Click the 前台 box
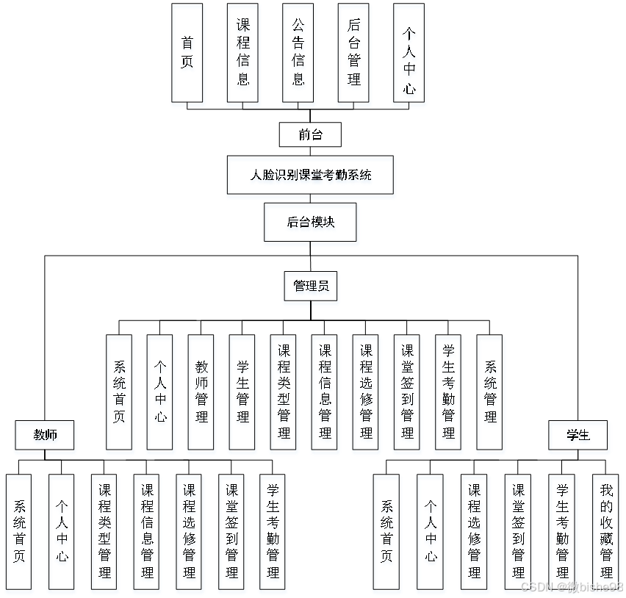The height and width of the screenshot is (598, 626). point(310,134)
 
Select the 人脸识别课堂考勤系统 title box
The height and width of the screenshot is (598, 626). point(310,175)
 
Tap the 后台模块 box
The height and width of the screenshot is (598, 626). point(310,221)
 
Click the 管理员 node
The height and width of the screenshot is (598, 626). point(310,286)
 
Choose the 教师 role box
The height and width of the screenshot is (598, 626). point(45,435)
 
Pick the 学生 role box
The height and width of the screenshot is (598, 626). point(578,435)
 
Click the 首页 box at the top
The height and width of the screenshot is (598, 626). point(187,52)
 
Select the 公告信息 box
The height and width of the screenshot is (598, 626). point(298,52)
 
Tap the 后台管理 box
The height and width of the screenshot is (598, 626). point(354,52)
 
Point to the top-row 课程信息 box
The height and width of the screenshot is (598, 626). point(242,52)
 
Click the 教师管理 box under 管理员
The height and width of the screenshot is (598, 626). point(201,392)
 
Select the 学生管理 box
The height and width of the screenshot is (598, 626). point(242,392)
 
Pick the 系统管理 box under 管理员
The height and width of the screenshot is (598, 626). point(489,392)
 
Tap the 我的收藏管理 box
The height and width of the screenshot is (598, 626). point(606,530)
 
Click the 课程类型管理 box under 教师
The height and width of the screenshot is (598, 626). point(104,530)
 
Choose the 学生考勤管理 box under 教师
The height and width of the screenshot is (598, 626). point(273,530)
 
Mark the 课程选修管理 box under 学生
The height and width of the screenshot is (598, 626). point(474,530)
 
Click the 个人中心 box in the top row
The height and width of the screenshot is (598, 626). point(409,52)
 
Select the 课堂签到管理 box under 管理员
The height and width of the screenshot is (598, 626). point(407,392)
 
